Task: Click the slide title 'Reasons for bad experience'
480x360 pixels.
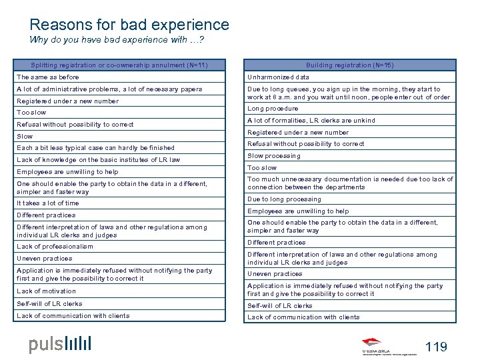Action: (x=129, y=25)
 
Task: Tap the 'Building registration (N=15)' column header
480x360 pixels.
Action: (x=350, y=65)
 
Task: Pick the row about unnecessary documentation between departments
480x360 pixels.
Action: (x=349, y=183)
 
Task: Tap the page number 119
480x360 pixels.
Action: (x=436, y=347)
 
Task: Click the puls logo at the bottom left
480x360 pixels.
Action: (x=60, y=344)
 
